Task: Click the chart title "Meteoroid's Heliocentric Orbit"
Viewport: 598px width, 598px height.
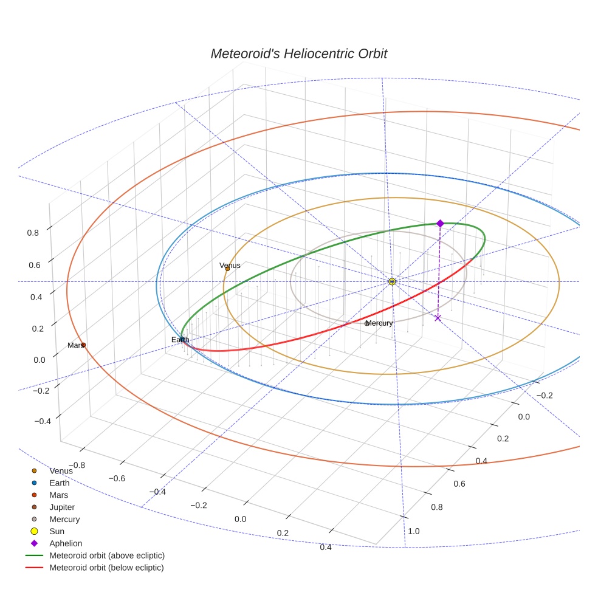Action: pos(298,53)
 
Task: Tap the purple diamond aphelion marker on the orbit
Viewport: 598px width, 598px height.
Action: pos(440,224)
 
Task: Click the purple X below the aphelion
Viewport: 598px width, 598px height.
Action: pos(438,318)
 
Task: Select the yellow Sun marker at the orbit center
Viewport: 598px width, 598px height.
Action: pos(392,281)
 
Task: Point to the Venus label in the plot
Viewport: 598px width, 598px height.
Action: pos(230,266)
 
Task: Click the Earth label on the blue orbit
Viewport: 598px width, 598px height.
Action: pos(180,340)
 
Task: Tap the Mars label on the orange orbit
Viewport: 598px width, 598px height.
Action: pos(75,345)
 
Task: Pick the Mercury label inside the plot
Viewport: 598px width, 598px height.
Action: pos(379,323)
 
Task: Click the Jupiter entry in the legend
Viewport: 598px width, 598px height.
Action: pos(62,507)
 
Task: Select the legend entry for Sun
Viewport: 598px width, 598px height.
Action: pos(57,531)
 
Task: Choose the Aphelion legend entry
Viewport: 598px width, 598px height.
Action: pos(66,543)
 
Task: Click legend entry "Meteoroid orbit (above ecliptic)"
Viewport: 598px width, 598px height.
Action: pos(107,555)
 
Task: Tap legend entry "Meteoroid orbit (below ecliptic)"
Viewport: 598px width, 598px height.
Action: pos(106,568)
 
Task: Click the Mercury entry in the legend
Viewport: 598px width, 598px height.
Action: pos(64,519)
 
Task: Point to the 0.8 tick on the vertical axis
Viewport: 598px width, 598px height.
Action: pos(33,232)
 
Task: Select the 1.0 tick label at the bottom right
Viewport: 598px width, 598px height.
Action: pos(414,531)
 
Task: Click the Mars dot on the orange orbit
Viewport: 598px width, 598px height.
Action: pos(83,345)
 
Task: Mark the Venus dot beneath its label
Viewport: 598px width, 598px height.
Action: pos(228,269)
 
